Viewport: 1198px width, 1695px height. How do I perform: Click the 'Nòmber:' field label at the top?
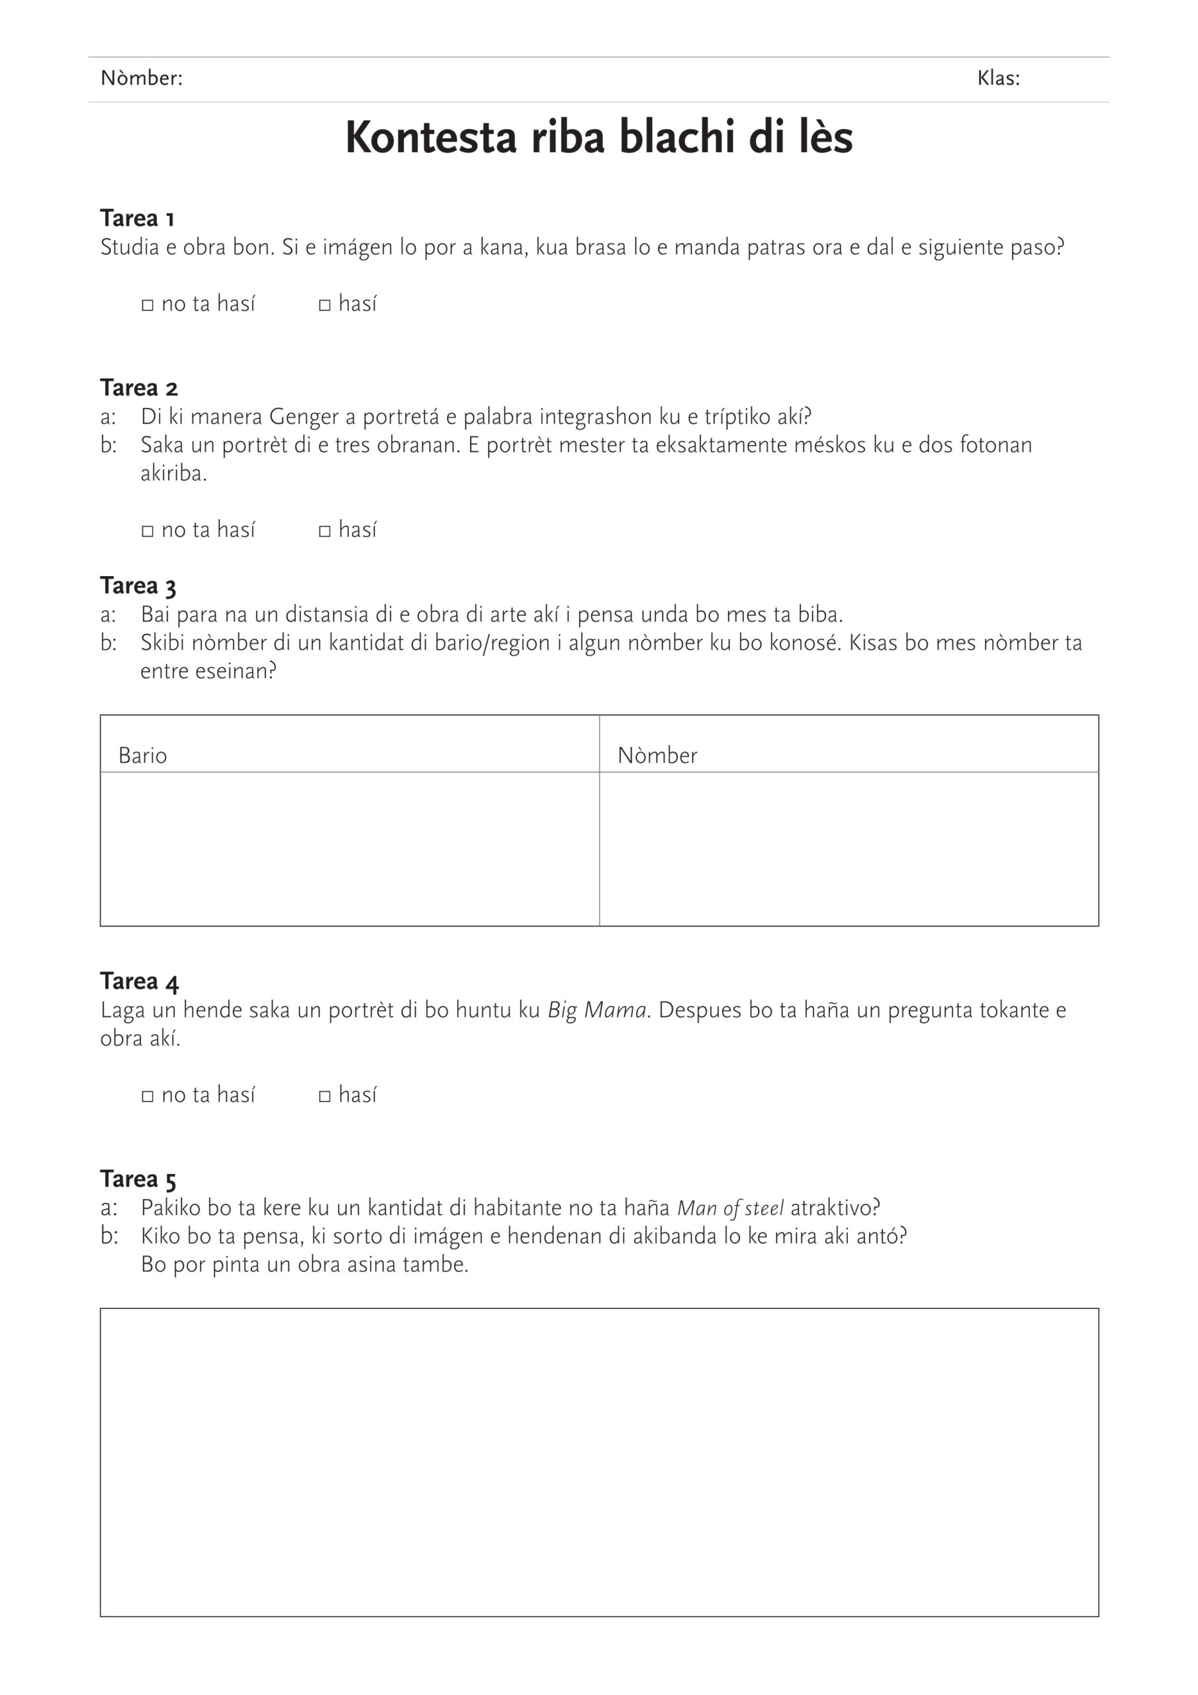coord(141,78)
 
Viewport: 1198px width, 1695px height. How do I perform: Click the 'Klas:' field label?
coord(998,78)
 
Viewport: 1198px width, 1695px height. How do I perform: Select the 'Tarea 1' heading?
coord(137,218)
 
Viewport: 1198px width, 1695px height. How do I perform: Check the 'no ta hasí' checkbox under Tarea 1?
coord(148,305)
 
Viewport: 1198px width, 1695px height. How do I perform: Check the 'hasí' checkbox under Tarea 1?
coord(325,305)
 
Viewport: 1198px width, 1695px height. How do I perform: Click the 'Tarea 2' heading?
coord(139,388)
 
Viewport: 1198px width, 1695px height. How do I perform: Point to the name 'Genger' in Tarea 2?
coord(305,417)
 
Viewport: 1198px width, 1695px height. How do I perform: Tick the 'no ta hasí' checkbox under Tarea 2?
coord(148,531)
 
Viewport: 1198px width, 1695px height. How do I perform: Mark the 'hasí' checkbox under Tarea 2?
coord(325,531)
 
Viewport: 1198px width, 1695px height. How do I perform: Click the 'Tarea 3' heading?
coord(138,586)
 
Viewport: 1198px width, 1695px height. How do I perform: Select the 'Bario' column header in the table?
coord(142,755)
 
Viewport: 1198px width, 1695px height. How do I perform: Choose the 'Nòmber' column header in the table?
coord(657,755)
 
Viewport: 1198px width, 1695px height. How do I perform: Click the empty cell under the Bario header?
coord(349,849)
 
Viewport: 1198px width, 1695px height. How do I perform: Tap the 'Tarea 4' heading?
coord(140,982)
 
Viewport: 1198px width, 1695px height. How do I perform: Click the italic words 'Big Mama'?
coord(596,1010)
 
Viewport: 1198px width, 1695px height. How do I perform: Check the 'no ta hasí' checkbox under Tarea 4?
coord(148,1096)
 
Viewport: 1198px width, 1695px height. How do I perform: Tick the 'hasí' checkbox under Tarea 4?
coord(325,1096)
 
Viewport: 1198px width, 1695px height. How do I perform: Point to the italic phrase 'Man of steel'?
coord(730,1208)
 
